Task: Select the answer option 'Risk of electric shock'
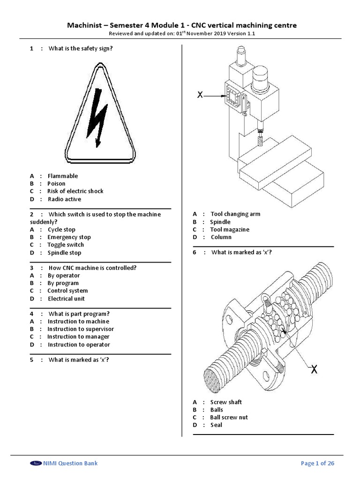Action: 75,191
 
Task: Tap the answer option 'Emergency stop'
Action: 69,237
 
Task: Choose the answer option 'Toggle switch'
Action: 66,245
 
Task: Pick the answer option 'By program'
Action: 63,283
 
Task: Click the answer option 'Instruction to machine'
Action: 78,322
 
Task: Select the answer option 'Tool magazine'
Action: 230,230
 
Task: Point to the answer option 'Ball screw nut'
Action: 229,417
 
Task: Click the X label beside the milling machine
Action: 200,95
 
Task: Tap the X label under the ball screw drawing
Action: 314,370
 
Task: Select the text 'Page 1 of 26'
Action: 317,464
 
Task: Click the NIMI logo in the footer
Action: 36,464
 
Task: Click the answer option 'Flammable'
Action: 62,176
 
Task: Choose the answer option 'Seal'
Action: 216,425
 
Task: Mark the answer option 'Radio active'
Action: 64,199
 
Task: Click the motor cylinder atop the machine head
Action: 261,77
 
